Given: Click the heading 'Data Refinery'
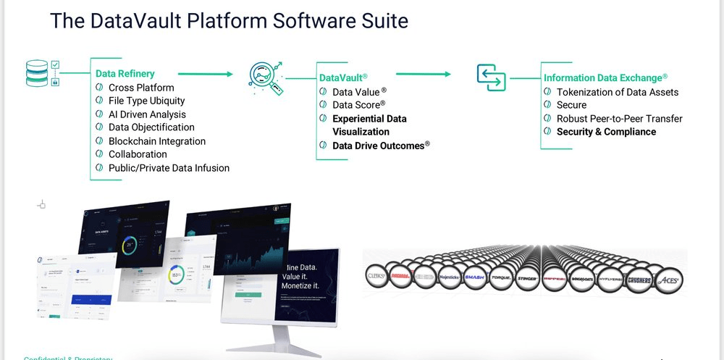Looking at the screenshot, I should click(x=125, y=73).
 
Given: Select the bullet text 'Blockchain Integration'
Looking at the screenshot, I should click(x=156, y=141).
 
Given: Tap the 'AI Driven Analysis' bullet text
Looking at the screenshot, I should click(x=147, y=114).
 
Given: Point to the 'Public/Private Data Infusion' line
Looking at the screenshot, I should click(x=169, y=168).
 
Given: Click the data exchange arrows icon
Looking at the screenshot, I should click(x=490, y=78).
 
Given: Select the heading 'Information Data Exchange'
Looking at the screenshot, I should click(x=602, y=78).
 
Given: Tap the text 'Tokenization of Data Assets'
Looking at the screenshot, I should click(x=617, y=92).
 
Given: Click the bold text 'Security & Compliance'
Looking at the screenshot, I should click(x=606, y=132).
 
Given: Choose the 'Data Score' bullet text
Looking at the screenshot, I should click(x=357, y=105).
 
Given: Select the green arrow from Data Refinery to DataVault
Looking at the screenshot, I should click(x=206, y=73).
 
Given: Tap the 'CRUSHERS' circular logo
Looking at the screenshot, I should click(x=638, y=280).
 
